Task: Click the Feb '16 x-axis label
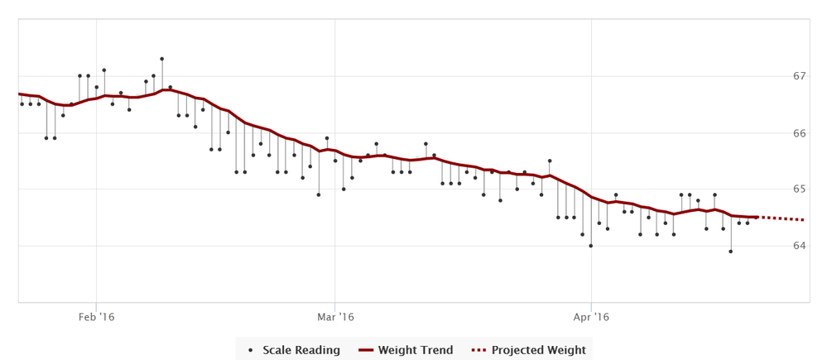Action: pyautogui.click(x=96, y=316)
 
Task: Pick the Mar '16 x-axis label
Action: pyautogui.click(x=335, y=316)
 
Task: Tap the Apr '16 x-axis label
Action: pyautogui.click(x=591, y=316)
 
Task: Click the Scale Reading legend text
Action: pyautogui.click(x=301, y=350)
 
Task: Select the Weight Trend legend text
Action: pyautogui.click(x=416, y=350)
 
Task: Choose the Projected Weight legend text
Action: pyautogui.click(x=539, y=350)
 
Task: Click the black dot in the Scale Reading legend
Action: pyautogui.click(x=251, y=350)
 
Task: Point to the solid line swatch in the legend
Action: pyautogui.click(x=366, y=350)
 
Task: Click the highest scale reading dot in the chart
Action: pyautogui.click(x=161, y=59)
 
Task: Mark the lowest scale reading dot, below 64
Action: pyautogui.click(x=731, y=251)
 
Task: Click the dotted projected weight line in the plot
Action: pyautogui.click(x=782, y=218)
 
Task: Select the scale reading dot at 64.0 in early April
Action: pyautogui.click(x=591, y=246)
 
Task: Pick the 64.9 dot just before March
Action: pyautogui.click(x=319, y=194)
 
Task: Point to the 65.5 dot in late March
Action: pyautogui.click(x=550, y=161)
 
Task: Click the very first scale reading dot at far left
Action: pyautogui.click(x=22, y=104)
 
